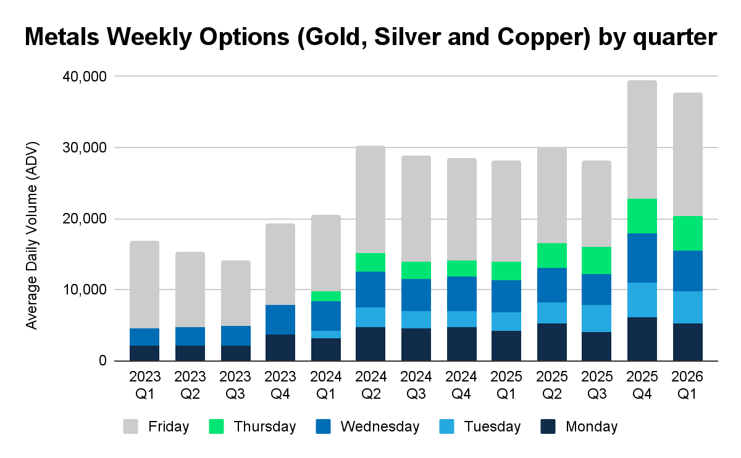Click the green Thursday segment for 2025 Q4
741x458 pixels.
[x=642, y=216]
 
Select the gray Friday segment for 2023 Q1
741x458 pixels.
[x=144, y=285]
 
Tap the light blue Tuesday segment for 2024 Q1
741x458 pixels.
[x=326, y=335]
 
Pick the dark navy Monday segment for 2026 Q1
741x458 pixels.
[x=688, y=342]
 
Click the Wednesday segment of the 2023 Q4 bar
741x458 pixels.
[x=280, y=320]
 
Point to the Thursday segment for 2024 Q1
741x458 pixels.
[x=326, y=296]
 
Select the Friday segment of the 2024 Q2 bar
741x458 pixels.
[x=371, y=199]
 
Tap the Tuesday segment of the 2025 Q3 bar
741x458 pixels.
[x=597, y=319]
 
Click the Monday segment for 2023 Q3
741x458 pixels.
[x=236, y=353]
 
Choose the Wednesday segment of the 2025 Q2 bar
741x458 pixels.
[x=552, y=285]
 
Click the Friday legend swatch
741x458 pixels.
[x=130, y=427]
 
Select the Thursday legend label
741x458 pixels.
[x=265, y=427]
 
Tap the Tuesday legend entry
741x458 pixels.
[x=480, y=427]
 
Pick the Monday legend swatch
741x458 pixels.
[x=548, y=427]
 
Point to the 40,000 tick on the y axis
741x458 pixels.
[x=85, y=77]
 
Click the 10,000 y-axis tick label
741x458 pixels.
[x=85, y=290]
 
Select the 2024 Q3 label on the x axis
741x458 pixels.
[x=416, y=385]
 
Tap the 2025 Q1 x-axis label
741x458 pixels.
[x=506, y=385]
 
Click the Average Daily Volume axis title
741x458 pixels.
[x=32, y=235]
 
